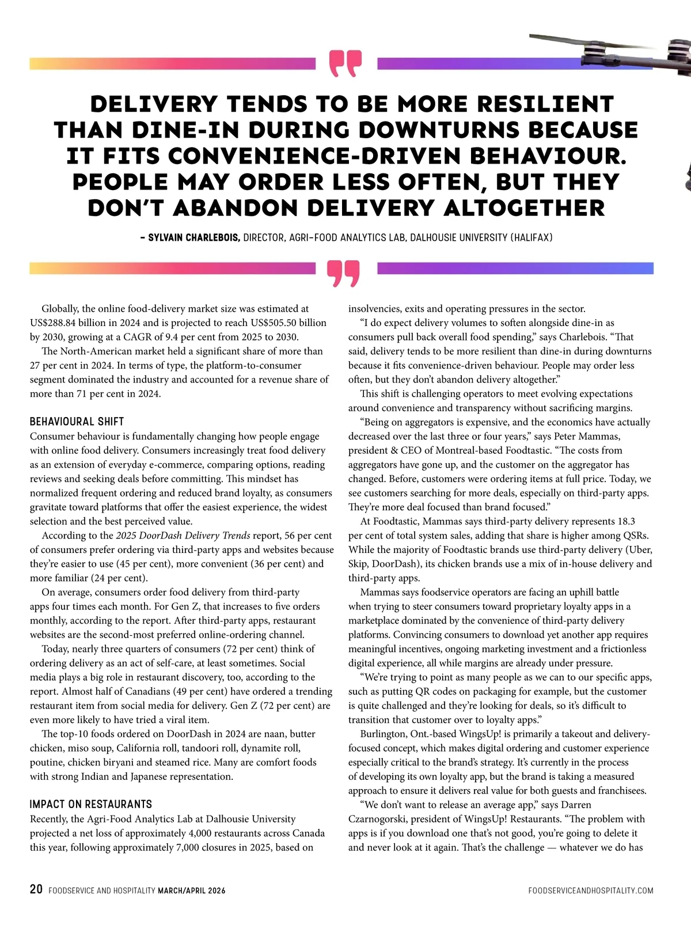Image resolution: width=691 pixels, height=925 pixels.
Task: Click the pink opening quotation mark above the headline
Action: point(346,63)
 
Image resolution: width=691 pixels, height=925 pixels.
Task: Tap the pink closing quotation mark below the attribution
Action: point(344,273)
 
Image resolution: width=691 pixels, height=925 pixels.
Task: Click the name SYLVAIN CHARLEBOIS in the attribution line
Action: point(194,237)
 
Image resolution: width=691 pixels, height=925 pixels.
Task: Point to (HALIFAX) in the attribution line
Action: point(531,237)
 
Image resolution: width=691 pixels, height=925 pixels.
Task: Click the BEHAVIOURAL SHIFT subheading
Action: point(77,422)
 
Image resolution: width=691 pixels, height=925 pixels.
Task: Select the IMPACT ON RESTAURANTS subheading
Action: point(90,804)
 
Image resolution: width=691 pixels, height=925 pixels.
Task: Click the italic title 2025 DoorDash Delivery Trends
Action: point(183,535)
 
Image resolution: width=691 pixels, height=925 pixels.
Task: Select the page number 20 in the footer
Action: point(36,889)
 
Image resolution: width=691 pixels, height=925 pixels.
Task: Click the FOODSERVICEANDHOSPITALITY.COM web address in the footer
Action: point(590,890)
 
